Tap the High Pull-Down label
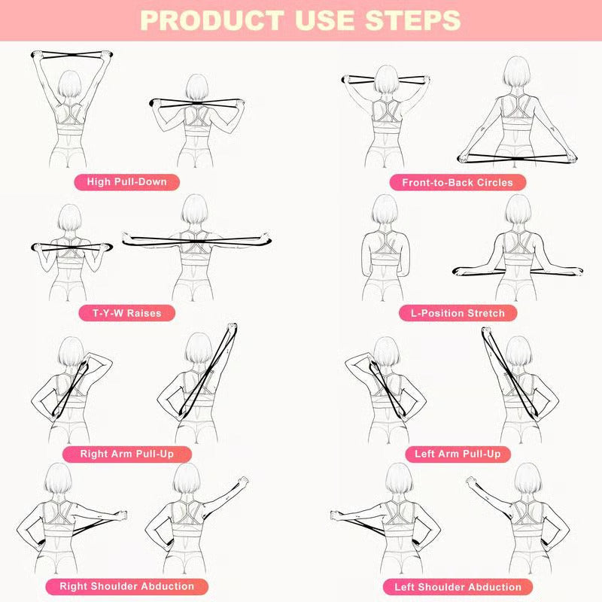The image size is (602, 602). (126, 181)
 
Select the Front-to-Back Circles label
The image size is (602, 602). (457, 182)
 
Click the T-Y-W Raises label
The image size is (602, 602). (126, 312)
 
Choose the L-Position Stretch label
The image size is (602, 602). (458, 312)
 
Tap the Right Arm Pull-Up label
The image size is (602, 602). (126, 454)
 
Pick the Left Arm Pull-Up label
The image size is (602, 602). (457, 454)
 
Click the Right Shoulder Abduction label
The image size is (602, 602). (126, 586)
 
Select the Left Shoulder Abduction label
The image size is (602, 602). (458, 586)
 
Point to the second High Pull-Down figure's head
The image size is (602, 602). (196, 89)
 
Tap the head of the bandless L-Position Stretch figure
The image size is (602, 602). (384, 210)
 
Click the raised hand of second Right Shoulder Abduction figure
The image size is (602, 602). (242, 481)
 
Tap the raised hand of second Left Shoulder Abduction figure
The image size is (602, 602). (472, 481)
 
